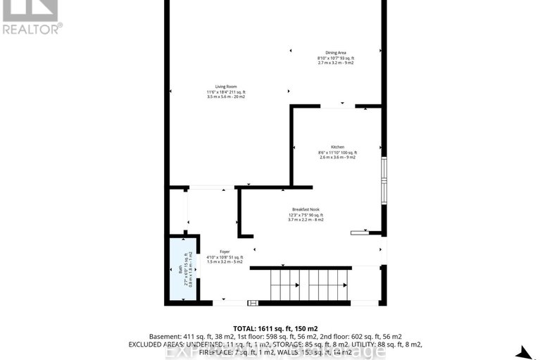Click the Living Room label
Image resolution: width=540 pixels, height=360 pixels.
(225, 87)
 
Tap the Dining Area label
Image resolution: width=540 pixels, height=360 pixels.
(334, 53)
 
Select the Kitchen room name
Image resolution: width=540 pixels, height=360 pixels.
(337, 147)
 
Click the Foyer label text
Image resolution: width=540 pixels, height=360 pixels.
(225, 252)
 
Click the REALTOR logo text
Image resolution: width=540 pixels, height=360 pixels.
(32, 28)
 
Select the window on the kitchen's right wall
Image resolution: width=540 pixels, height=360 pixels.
(384, 180)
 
